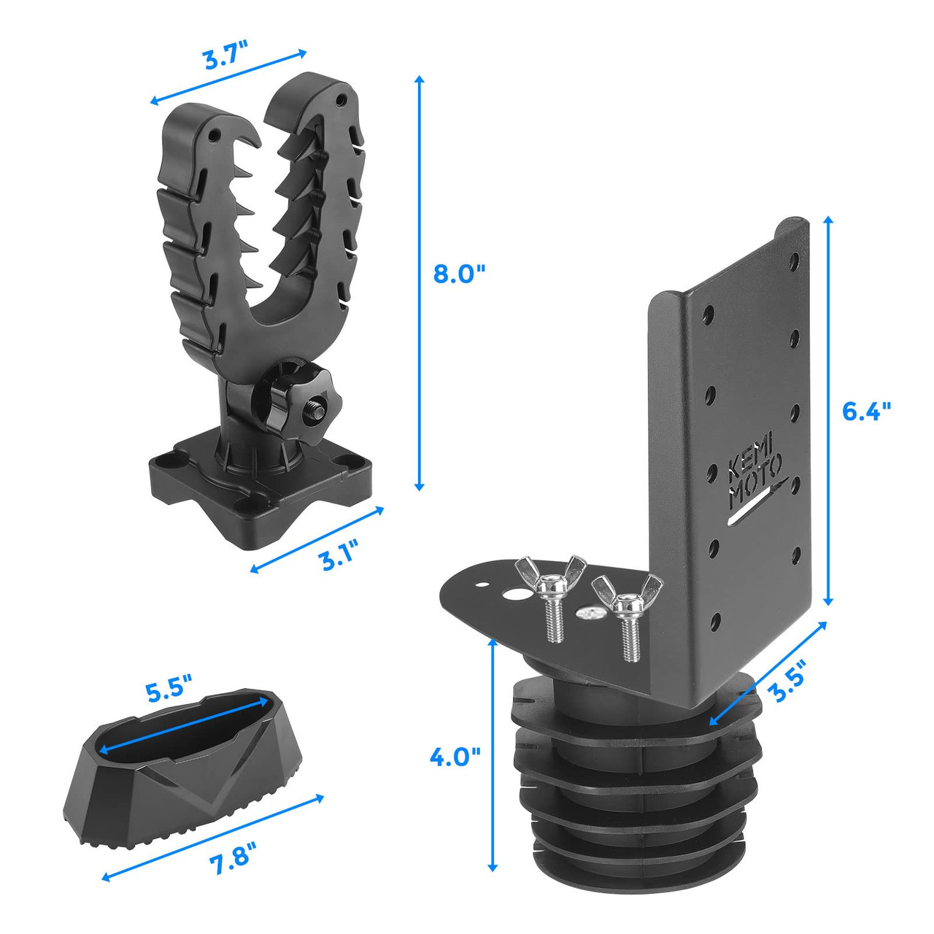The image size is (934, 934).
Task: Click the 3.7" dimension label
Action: click(225, 58)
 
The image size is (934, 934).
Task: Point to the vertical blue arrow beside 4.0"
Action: click(493, 755)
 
